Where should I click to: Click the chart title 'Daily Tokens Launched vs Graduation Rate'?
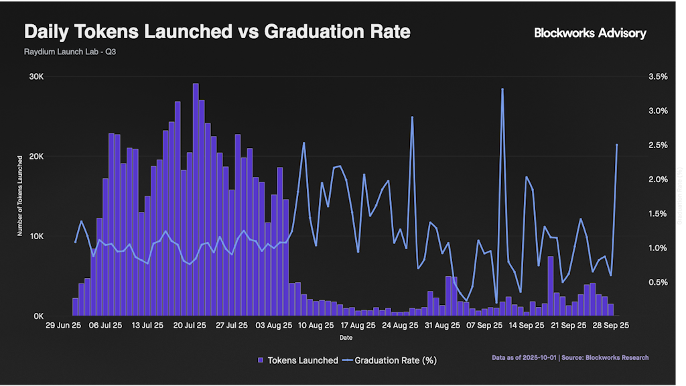tap(217, 31)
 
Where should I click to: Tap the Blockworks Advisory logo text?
tap(590, 33)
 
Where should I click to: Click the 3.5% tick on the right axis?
tap(658, 77)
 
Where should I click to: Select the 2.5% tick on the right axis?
tap(658, 145)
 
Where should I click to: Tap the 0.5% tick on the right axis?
tap(658, 282)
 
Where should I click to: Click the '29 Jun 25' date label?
tap(64, 326)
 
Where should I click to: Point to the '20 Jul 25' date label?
tap(188, 326)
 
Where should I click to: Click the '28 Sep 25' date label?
tap(610, 326)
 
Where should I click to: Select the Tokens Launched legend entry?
tap(298, 361)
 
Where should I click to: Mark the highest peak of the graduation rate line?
tap(502, 89)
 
